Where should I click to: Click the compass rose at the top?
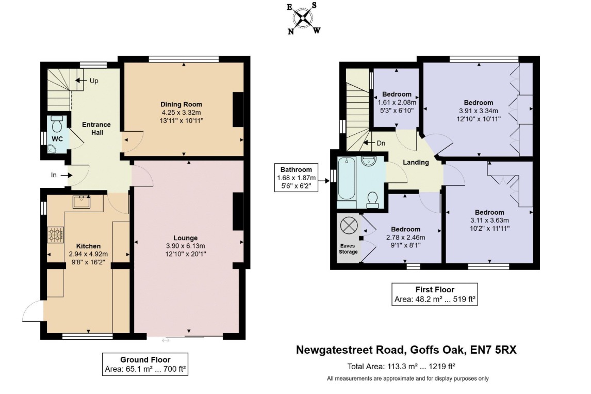point(303,18)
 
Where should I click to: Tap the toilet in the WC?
point(57,124)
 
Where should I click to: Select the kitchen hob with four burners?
point(55,234)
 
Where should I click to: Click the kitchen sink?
point(81,202)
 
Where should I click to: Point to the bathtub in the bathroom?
point(347,178)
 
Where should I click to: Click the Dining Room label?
point(182,104)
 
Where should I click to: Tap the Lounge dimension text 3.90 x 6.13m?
point(186,246)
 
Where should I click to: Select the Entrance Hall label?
point(96,128)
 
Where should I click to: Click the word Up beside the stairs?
point(94,81)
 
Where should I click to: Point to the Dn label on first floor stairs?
point(381,143)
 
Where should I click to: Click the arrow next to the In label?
point(66,175)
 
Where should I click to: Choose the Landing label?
point(416,162)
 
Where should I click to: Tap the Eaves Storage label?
point(348,249)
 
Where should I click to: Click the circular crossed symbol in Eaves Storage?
point(349,226)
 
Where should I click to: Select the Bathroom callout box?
point(296,178)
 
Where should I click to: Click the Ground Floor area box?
point(145,364)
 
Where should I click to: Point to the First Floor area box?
point(435,294)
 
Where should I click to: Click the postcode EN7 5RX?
point(494,350)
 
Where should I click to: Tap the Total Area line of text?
point(401,366)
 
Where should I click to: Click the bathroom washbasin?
point(368,161)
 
